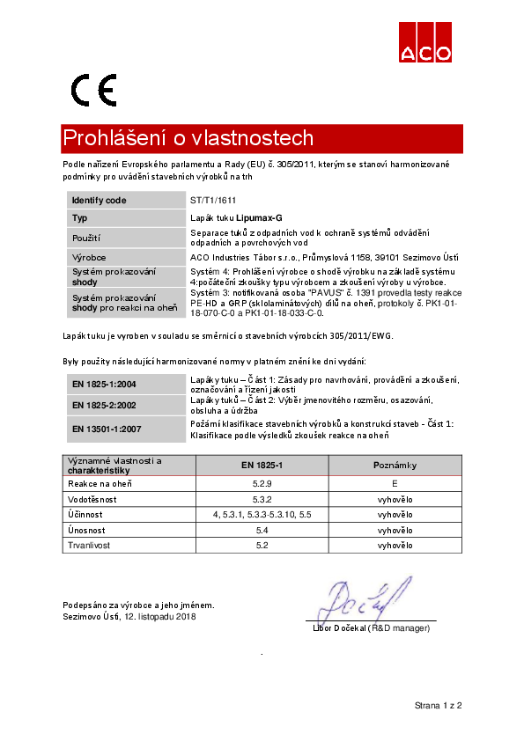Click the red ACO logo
(426, 41)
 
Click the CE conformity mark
(94, 90)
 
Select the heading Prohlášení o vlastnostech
(188, 139)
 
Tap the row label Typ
(79, 217)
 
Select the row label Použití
(86, 238)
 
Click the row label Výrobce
(89, 257)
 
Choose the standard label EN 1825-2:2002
(104, 404)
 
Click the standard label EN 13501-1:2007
(107, 429)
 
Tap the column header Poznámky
(395, 465)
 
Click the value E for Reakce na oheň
(395, 483)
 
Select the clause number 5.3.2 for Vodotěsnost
(261, 499)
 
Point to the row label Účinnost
(86, 514)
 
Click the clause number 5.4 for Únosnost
(261, 530)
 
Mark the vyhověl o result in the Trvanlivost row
(395, 546)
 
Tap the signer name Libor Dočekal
(340, 627)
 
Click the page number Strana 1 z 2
(439, 706)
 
